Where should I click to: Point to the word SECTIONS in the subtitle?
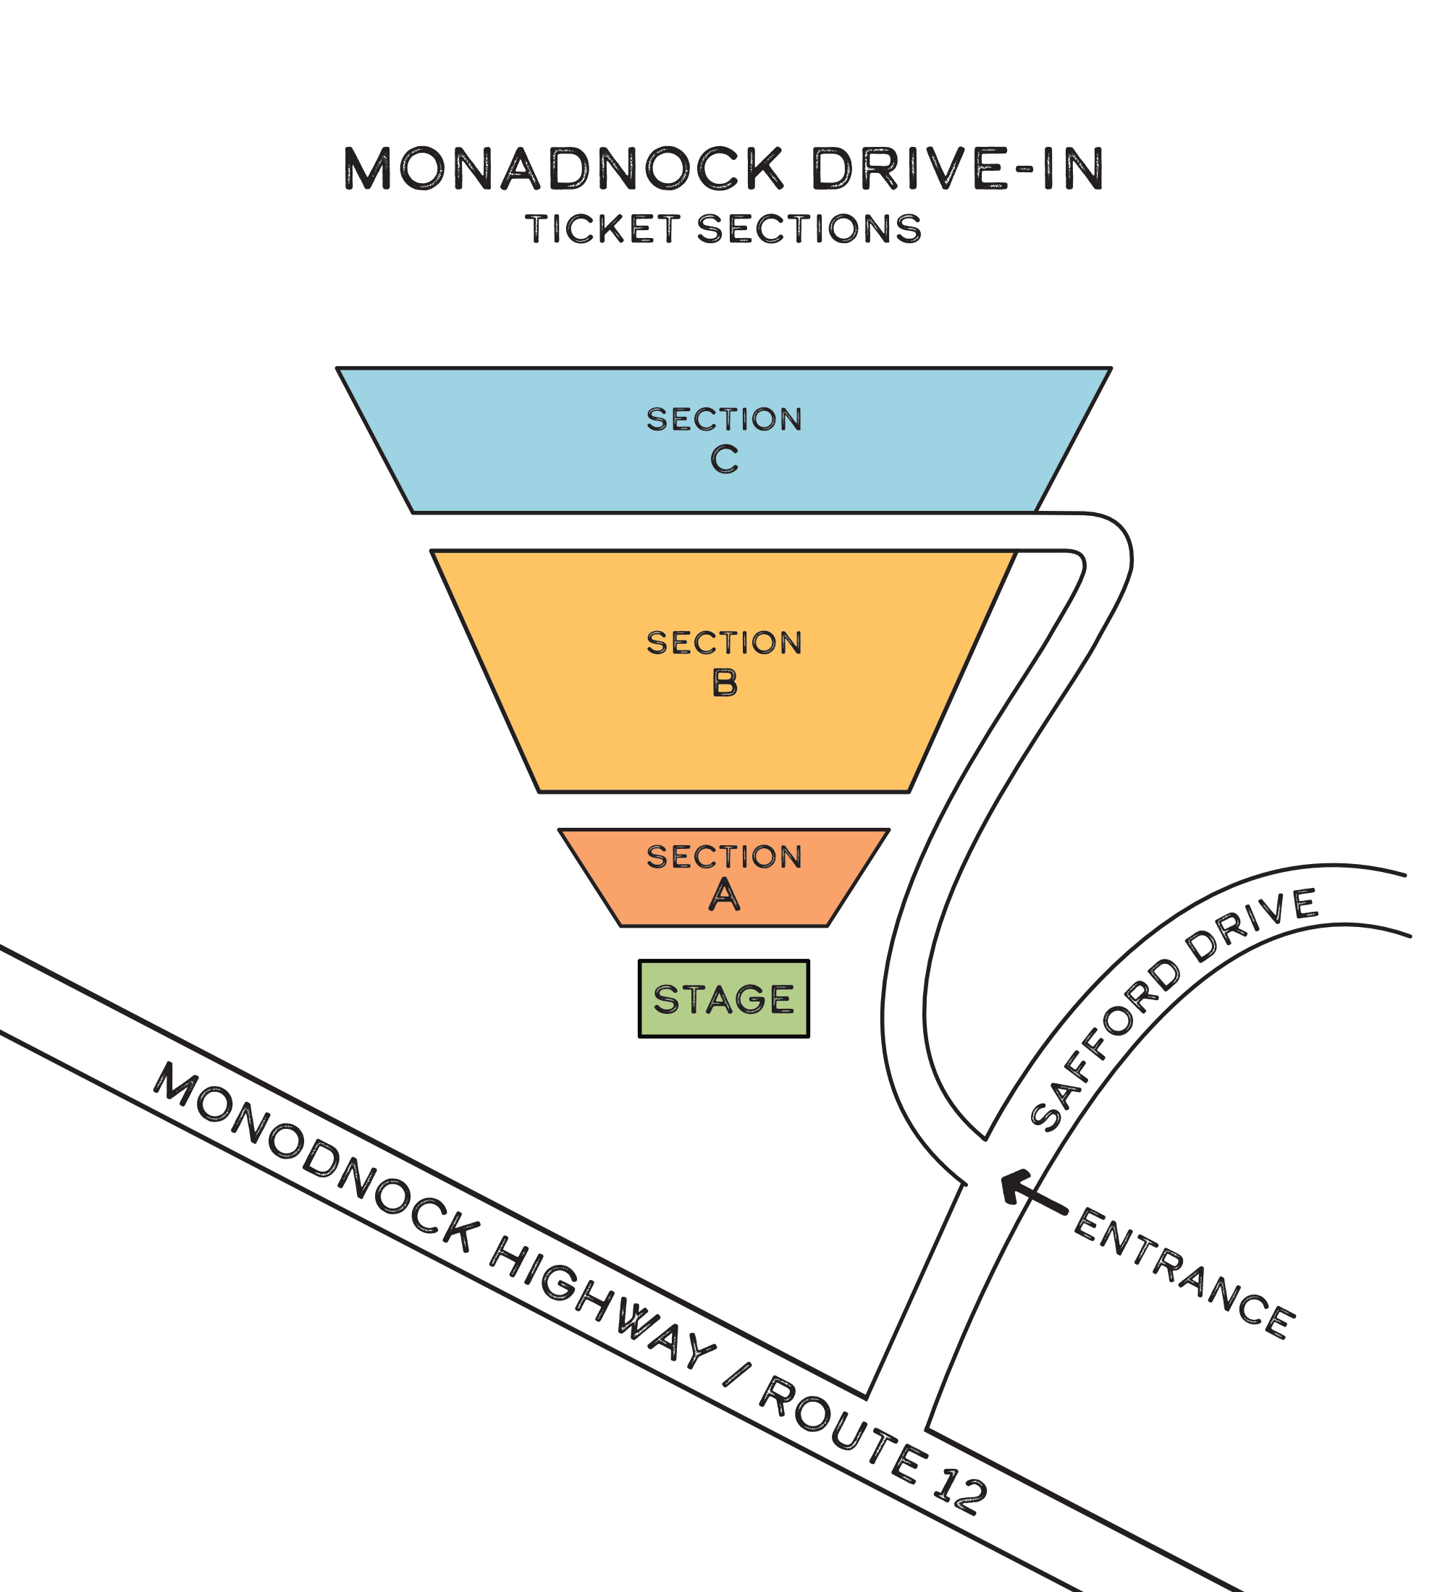pos(809,229)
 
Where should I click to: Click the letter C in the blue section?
pos(725,459)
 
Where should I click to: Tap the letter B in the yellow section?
pos(725,682)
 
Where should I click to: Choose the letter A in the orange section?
pos(725,894)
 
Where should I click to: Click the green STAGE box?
pos(723,999)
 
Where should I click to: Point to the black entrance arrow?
pos(1034,1193)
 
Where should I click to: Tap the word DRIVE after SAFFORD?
pos(1252,923)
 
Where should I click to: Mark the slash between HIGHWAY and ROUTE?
pos(736,1374)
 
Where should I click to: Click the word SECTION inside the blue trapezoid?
pos(725,419)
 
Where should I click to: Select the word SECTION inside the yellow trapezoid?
pos(725,643)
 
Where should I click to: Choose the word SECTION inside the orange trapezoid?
pos(725,857)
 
